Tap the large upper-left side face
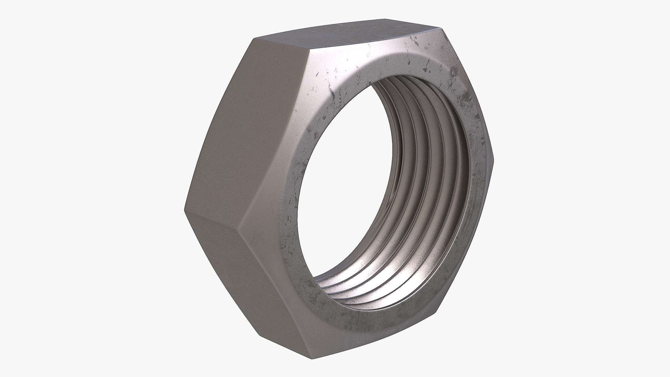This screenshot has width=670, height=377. tap(244, 122)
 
